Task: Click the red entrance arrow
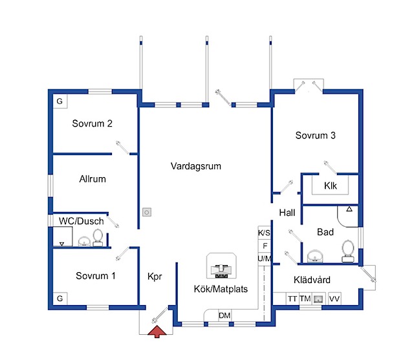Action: click(157, 332)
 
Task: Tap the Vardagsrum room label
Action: click(196, 166)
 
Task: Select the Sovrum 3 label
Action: click(315, 135)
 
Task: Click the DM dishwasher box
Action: click(224, 315)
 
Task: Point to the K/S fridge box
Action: click(265, 233)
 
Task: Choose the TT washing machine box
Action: click(292, 299)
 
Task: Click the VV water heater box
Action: click(334, 299)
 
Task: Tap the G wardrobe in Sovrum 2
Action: click(60, 101)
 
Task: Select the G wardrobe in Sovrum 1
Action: click(60, 299)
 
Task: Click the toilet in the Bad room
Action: click(348, 251)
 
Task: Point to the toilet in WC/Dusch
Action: click(98, 238)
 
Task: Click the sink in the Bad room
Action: click(315, 256)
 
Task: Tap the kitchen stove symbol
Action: click(221, 271)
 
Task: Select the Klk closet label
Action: click(331, 185)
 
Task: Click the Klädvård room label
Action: click(312, 280)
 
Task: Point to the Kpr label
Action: click(155, 277)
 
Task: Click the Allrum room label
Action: click(93, 179)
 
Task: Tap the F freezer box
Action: click(265, 246)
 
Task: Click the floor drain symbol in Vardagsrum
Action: click(147, 212)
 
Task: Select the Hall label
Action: click(287, 213)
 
